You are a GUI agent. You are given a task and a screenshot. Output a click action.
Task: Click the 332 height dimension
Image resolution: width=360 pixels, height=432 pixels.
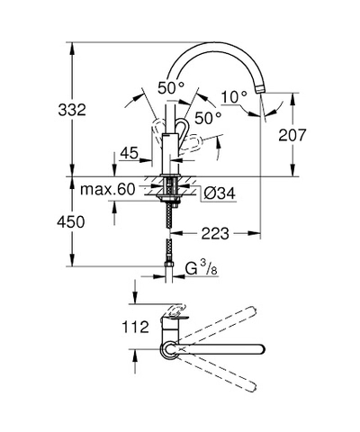72,110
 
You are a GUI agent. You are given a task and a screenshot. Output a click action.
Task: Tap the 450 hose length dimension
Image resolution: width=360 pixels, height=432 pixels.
71,222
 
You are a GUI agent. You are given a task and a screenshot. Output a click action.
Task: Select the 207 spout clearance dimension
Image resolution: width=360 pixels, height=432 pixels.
292,135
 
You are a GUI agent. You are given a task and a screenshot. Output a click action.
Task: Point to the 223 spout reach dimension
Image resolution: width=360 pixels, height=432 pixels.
215,233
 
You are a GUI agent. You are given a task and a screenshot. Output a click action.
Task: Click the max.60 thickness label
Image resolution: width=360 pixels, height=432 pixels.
108,189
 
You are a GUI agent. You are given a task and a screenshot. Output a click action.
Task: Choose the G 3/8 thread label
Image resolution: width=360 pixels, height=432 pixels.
201,268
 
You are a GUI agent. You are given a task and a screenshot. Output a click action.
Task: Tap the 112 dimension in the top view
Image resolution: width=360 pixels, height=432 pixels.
135,327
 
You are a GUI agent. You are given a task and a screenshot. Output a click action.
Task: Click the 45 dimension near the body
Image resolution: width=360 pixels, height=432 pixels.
130,153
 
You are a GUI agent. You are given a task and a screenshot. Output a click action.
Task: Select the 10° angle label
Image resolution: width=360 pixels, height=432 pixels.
234,97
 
